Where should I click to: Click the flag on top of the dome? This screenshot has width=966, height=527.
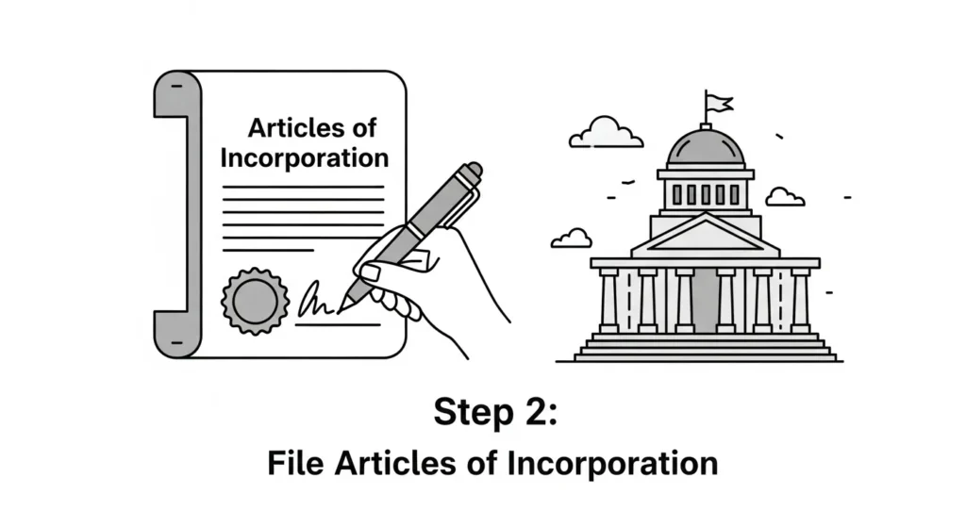[x=716, y=101]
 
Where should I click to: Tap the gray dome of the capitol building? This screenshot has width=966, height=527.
[x=705, y=149]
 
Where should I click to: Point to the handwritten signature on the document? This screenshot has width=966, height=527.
[x=316, y=303]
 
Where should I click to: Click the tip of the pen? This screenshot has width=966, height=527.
[x=344, y=305]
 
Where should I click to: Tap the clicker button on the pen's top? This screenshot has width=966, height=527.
[x=473, y=170]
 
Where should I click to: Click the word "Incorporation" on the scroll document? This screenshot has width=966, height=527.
[x=304, y=157]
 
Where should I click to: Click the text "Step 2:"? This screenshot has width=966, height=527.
[x=482, y=412]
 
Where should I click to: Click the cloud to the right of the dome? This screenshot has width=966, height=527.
[x=784, y=197]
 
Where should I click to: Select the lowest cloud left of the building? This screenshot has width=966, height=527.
[x=571, y=238]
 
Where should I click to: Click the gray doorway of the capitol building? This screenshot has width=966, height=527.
[x=705, y=302]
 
